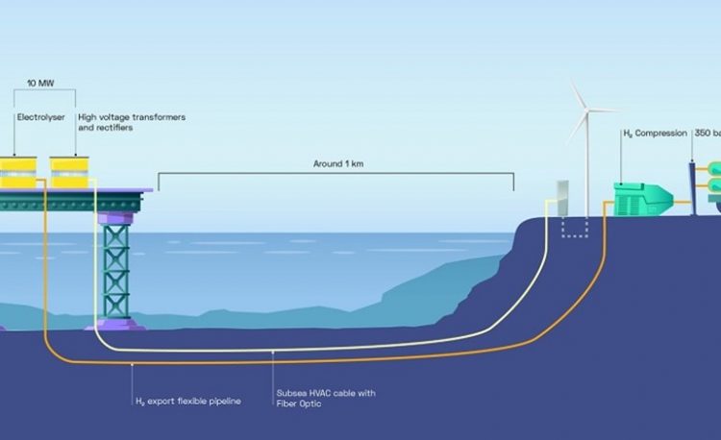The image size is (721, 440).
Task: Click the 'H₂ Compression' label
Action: (x=657, y=134)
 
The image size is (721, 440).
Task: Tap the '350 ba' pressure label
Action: (x=707, y=134)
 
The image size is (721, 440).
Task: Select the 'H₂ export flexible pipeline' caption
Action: (x=187, y=400)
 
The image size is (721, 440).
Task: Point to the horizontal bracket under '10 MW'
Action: (x=45, y=92)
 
